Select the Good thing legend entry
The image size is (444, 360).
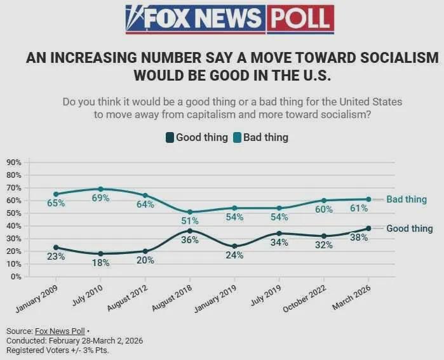pyautogui.click(x=196, y=137)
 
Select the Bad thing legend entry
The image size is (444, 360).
pyautogui.click(x=260, y=137)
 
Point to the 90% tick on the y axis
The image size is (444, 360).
pyautogui.click(x=13, y=163)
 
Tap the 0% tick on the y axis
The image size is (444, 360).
pyautogui.click(x=15, y=277)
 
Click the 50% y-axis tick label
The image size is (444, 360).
pyautogui.click(x=13, y=213)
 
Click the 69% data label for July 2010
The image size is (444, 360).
pyautogui.click(x=100, y=198)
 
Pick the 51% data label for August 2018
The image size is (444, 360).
pyautogui.click(x=190, y=221)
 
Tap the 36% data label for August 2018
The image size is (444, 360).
pyautogui.click(x=190, y=240)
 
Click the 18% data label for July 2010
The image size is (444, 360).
pyautogui.click(x=100, y=263)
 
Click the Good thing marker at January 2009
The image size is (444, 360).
pyautogui.click(x=56, y=248)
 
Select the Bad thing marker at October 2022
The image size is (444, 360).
pyautogui.click(x=324, y=201)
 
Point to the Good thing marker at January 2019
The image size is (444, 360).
pyautogui.click(x=234, y=246)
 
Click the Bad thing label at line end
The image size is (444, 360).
pyautogui.click(x=407, y=199)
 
